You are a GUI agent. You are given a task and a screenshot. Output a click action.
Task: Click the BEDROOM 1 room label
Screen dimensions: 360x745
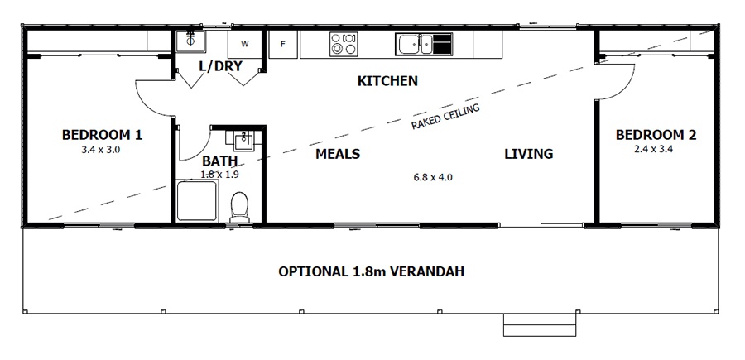pos(103,134)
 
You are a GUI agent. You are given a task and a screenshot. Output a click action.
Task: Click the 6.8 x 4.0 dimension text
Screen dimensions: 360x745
pos(432,177)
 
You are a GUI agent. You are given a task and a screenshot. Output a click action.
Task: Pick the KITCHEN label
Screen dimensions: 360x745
pos(387,81)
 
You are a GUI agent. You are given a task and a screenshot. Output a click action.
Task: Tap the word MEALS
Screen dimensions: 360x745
pos(337,154)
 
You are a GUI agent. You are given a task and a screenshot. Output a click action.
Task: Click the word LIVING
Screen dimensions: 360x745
pos(529,154)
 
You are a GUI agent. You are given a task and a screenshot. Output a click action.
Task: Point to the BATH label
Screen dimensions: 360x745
pos(219,161)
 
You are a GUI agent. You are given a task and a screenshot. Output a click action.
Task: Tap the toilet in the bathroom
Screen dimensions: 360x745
pos(240,205)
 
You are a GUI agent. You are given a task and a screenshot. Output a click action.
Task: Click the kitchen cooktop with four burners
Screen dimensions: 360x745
pos(343,43)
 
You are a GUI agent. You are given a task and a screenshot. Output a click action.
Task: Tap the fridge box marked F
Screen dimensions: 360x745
pos(283,44)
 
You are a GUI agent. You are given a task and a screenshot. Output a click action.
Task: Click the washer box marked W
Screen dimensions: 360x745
pos(245,43)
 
